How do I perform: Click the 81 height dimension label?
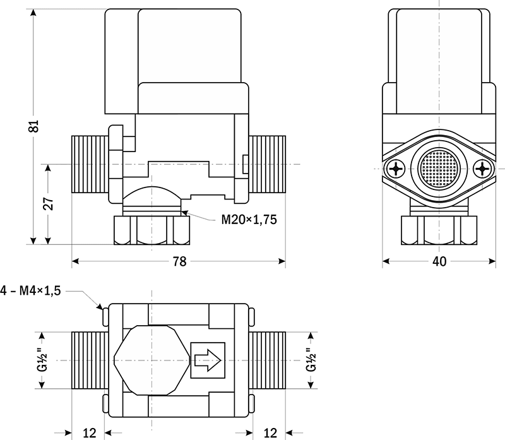click(36, 126)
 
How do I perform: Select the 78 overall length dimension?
click(179, 261)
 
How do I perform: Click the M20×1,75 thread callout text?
click(249, 220)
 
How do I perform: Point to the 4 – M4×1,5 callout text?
click(32, 292)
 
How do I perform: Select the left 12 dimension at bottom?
click(89, 432)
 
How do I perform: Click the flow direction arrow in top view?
click(207, 360)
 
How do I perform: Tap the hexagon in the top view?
click(146, 360)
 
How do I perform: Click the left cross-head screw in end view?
click(398, 169)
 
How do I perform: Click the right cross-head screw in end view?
click(483, 169)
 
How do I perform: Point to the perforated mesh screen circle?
click(440, 169)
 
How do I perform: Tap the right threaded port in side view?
click(268, 164)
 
